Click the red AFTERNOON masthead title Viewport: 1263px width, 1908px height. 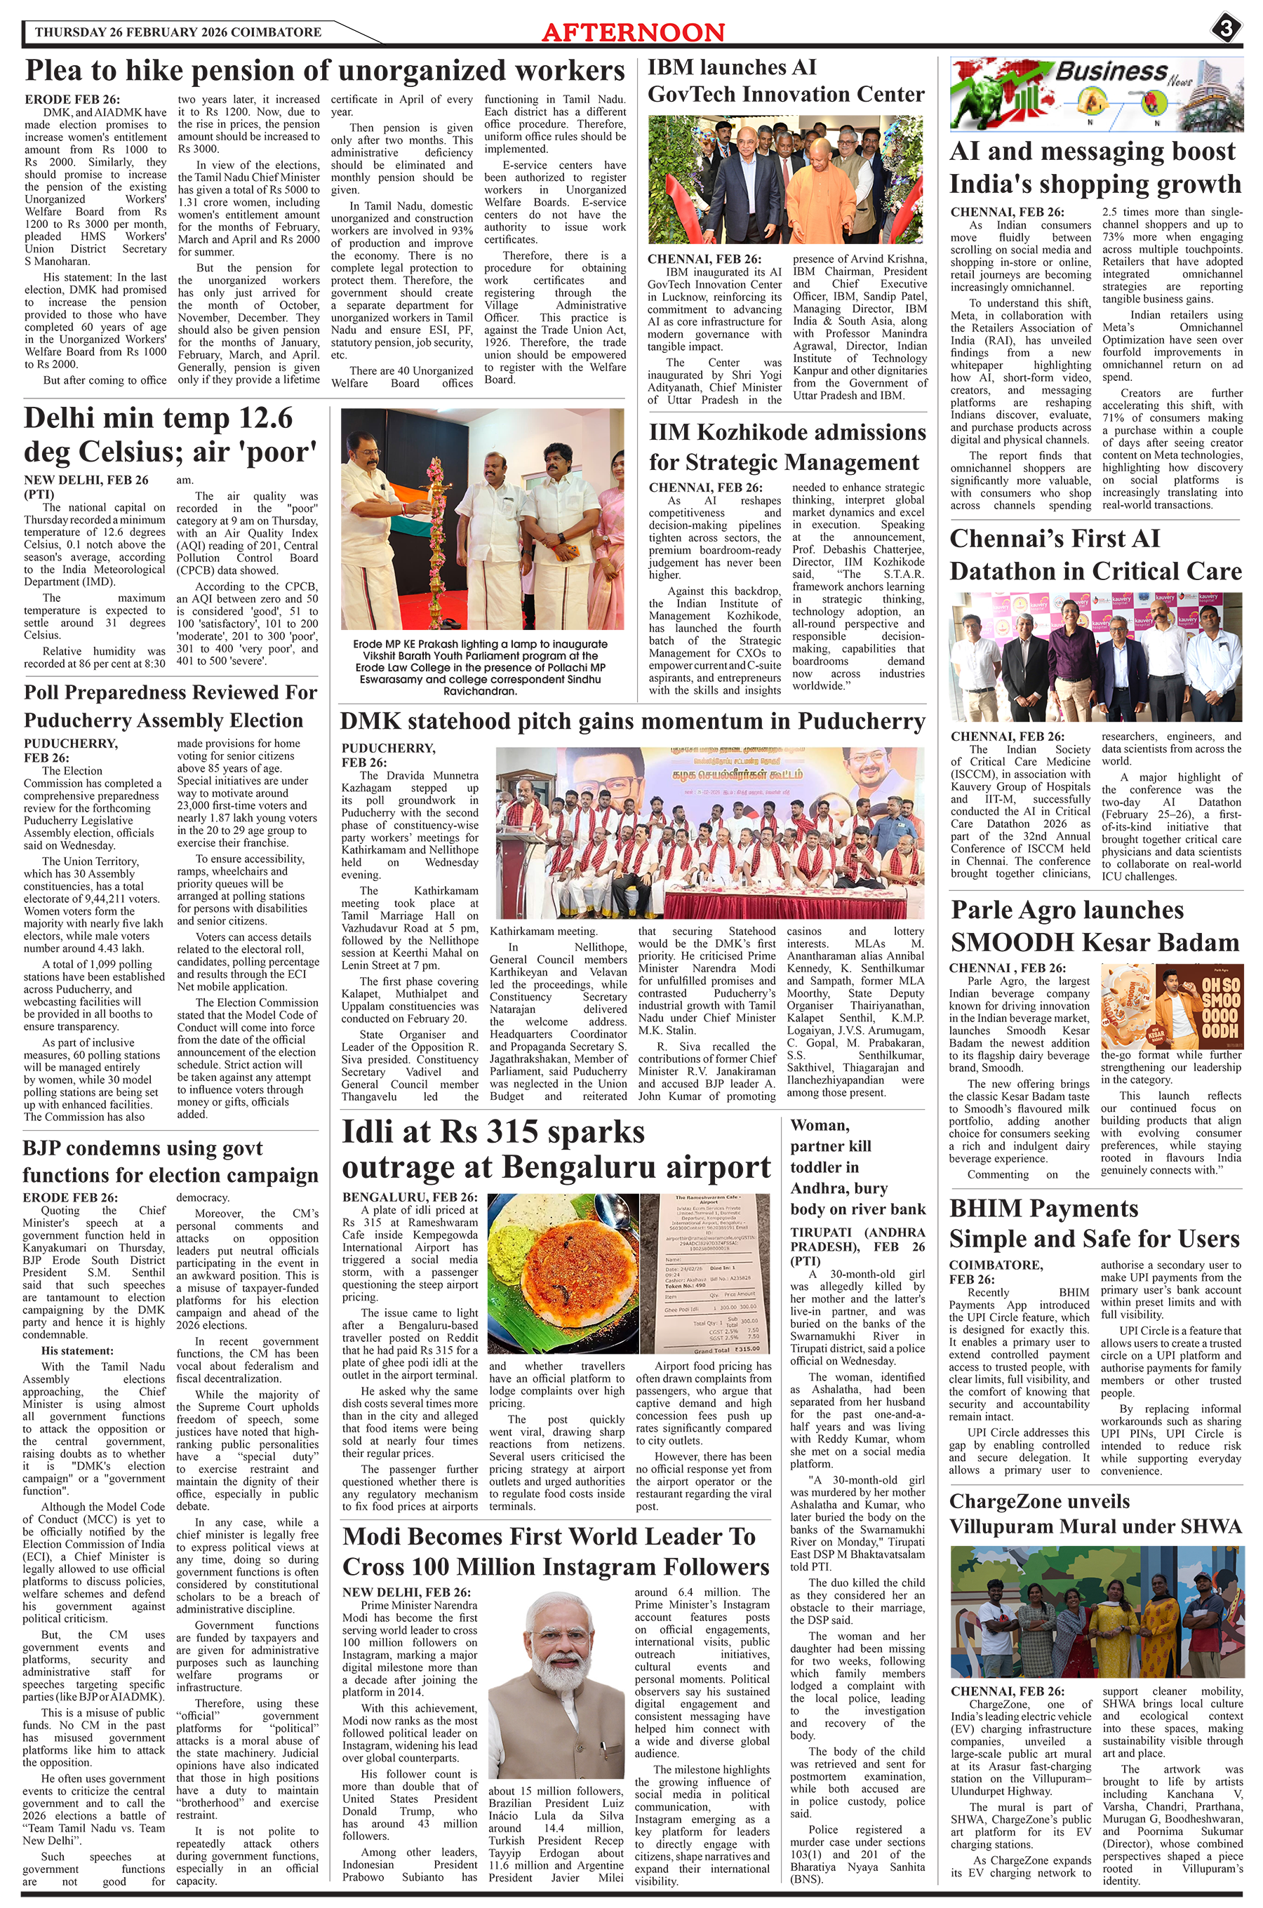coord(633,32)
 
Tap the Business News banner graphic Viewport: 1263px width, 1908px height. coord(1095,94)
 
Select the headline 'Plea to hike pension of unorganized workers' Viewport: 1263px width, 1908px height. coord(325,71)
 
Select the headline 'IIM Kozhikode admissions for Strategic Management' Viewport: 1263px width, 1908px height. coord(787,448)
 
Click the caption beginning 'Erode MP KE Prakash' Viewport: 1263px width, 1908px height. coord(481,666)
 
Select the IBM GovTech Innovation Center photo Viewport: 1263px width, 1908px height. coord(785,180)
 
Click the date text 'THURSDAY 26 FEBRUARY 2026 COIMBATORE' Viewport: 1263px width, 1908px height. coord(178,32)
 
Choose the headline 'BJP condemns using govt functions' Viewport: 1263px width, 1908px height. coord(170,1161)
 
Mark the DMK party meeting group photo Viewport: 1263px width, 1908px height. coord(709,833)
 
